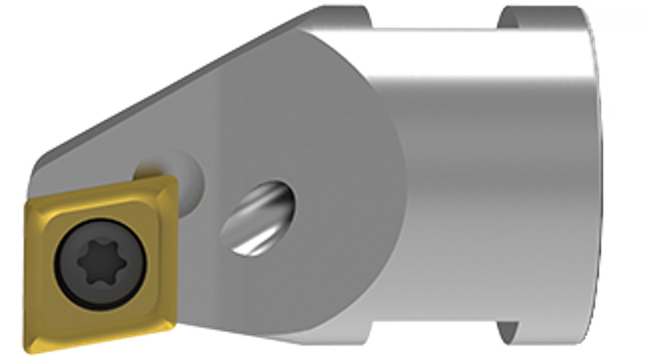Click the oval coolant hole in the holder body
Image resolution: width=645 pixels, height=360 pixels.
(259, 217)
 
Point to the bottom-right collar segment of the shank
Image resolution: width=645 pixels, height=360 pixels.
(542, 345)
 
